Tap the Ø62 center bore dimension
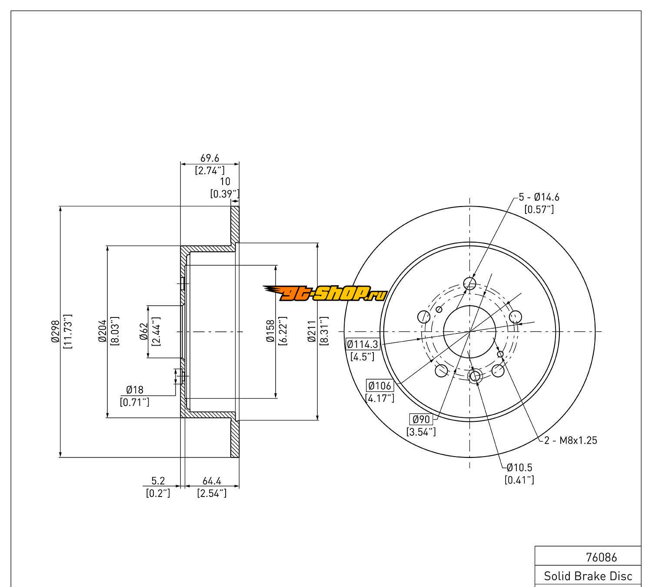click(x=144, y=332)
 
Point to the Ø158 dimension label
click(x=270, y=332)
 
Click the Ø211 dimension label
click(x=312, y=332)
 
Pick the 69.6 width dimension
click(x=210, y=158)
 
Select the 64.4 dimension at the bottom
click(x=212, y=481)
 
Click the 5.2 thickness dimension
click(x=158, y=481)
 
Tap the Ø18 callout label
click(x=135, y=390)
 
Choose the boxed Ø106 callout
click(x=379, y=386)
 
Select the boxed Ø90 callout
click(x=421, y=419)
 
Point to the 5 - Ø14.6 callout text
click(x=539, y=197)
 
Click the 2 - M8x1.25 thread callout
click(x=571, y=440)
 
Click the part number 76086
click(x=602, y=557)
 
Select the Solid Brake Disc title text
click(x=588, y=577)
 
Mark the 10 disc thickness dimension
click(x=225, y=181)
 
